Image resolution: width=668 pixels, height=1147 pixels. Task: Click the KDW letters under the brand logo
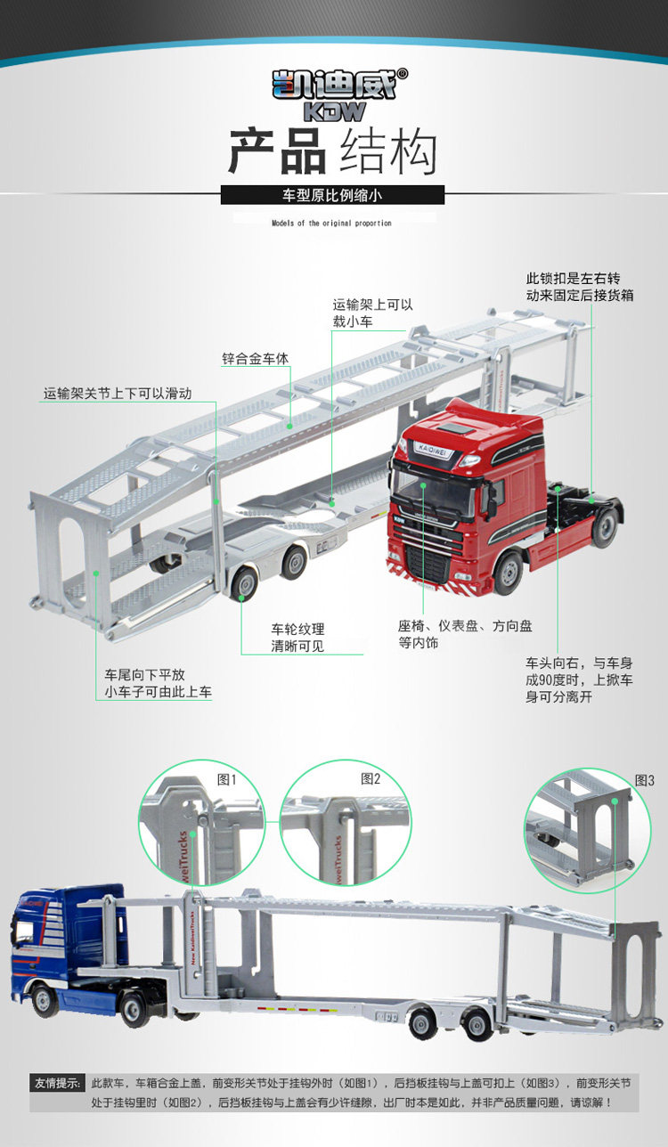coord(335,111)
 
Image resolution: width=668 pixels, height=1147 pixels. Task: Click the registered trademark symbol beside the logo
coord(403,74)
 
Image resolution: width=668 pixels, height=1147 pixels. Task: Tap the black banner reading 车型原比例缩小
coord(332,195)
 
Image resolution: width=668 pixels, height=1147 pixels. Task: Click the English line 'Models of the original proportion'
coord(331,224)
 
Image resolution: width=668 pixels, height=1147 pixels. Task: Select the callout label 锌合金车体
coord(255,359)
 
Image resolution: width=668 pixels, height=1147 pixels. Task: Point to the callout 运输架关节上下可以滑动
coord(118,394)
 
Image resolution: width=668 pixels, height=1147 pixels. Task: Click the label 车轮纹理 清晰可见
coord(297,638)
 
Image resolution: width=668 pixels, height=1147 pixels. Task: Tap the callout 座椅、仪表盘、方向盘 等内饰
coord(465,634)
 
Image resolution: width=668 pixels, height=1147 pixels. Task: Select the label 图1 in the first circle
coord(226,779)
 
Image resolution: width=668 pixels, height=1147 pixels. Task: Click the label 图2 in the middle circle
coord(371,779)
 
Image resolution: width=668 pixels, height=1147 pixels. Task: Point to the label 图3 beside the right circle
coord(645,780)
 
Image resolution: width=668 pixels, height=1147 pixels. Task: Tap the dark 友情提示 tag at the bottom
coord(58,1083)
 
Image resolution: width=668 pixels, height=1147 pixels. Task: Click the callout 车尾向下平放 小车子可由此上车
coord(158,683)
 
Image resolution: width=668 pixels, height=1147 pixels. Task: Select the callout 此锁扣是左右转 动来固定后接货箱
coord(580,287)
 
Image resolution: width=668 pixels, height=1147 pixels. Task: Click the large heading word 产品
coord(277,151)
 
